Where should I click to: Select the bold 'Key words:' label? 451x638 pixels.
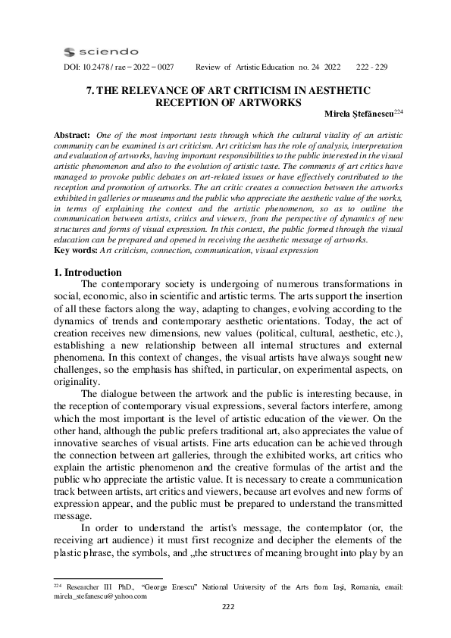click(77, 249)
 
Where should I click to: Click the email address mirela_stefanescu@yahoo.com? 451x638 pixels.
click(99, 596)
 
